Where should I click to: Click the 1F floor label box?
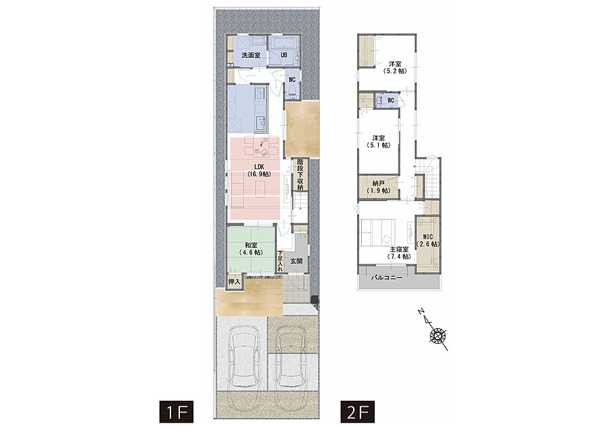[177, 412]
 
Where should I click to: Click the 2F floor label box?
[358, 412]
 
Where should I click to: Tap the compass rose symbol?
[438, 335]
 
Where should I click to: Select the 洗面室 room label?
[251, 55]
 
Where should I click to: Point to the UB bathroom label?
[284, 55]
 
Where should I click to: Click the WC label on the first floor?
[292, 79]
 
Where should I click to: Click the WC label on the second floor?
[391, 101]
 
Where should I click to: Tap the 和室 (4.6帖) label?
[251, 249]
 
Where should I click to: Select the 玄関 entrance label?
[296, 261]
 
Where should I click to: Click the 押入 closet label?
[234, 282]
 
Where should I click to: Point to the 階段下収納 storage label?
[300, 174]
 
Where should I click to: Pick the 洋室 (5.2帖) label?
[395, 67]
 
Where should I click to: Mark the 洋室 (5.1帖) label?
[379, 141]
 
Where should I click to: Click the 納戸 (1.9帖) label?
[379, 187]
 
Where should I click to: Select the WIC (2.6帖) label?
[428, 240]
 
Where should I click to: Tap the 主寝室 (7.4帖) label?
[399, 253]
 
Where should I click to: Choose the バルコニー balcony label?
[386, 278]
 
